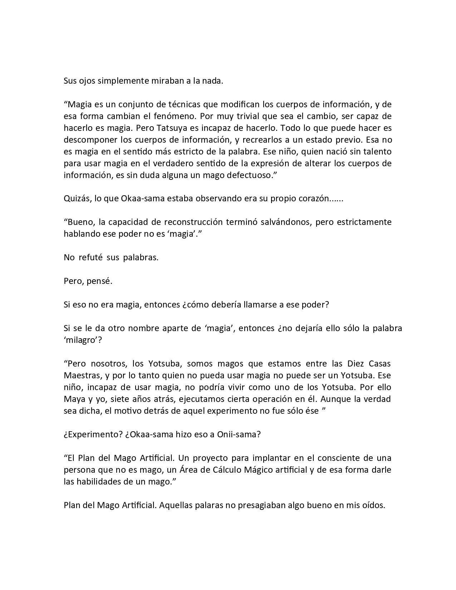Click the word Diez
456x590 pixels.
(356, 364)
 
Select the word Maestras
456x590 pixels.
(80, 375)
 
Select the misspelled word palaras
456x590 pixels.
(211, 505)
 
